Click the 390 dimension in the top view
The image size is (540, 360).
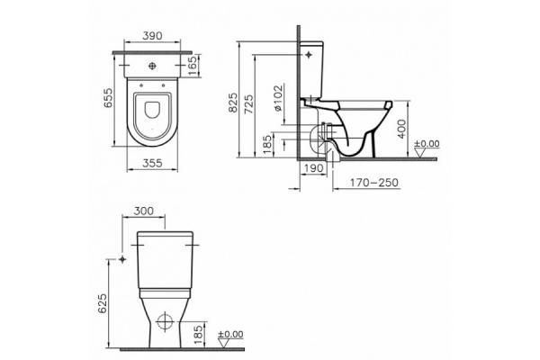pyautogui.click(x=152, y=35)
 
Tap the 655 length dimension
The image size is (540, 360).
pyautogui.click(x=108, y=98)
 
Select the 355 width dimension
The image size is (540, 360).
pyautogui.click(x=152, y=163)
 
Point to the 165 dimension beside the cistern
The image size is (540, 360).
pyautogui.click(x=193, y=66)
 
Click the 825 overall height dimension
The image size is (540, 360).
pyautogui.click(x=233, y=103)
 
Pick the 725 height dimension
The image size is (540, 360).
pyautogui.click(x=248, y=104)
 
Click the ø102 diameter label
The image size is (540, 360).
pyautogui.click(x=278, y=97)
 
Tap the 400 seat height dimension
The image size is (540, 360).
pyautogui.click(x=401, y=129)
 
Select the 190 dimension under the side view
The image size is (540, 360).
pyautogui.click(x=314, y=168)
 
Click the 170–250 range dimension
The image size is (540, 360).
pyautogui.click(x=374, y=183)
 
